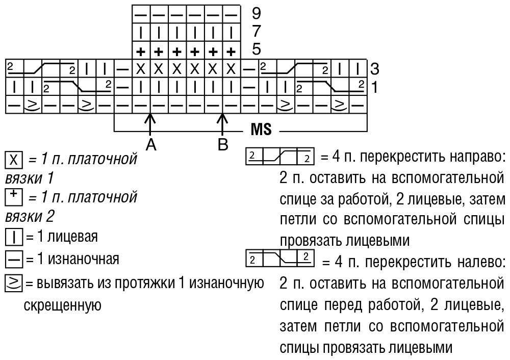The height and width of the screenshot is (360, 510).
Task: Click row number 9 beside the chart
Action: coord(257,13)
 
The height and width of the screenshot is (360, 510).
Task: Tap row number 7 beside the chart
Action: coord(257,31)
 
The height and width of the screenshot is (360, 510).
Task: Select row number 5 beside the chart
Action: coord(257,49)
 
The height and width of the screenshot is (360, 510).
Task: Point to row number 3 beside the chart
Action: coord(375,69)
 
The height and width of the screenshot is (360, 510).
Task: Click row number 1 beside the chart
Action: coord(374,87)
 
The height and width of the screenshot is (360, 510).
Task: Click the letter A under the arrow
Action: coord(151,144)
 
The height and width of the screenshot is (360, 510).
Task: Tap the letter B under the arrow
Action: coord(223,144)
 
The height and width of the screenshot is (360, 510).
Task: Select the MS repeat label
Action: coord(261,130)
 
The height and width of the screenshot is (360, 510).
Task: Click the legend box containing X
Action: coord(14,160)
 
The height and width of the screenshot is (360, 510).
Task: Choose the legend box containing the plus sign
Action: coord(14,197)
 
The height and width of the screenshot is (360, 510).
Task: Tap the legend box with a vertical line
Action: coord(14,237)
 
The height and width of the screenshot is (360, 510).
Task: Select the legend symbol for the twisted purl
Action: coord(14,283)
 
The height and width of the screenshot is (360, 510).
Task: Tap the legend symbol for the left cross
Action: coord(280,258)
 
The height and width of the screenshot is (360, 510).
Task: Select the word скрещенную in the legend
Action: coord(62,305)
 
